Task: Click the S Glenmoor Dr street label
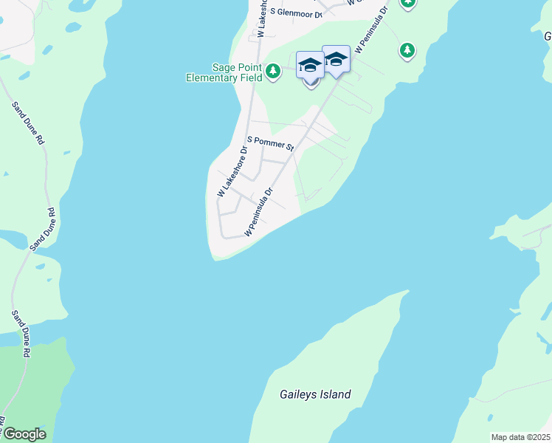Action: (x=297, y=13)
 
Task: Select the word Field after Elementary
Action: (x=252, y=78)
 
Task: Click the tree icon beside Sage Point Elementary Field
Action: (x=273, y=71)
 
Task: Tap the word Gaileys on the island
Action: (x=299, y=394)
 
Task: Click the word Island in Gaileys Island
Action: (x=335, y=394)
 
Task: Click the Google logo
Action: (x=24, y=434)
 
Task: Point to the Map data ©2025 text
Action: (x=520, y=437)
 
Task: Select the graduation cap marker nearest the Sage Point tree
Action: (x=310, y=64)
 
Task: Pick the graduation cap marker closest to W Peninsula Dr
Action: (x=336, y=61)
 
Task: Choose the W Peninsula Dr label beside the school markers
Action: (x=371, y=32)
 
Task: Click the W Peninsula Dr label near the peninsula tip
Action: (x=259, y=210)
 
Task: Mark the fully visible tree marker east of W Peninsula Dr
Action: (x=407, y=50)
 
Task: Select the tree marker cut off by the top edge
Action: (x=407, y=4)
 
